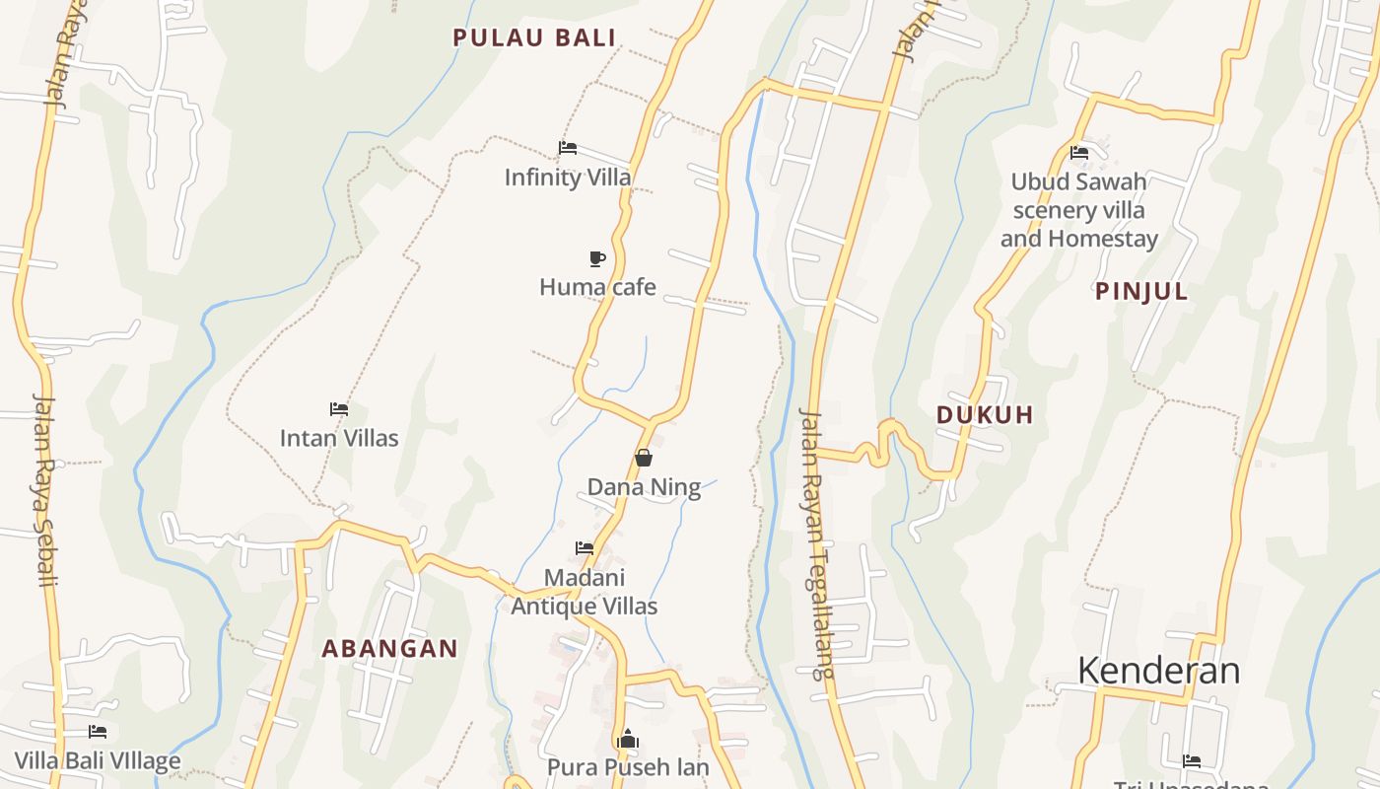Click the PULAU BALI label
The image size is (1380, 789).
[534, 38]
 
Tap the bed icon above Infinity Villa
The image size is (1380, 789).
[568, 148]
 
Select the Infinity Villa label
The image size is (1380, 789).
[568, 178]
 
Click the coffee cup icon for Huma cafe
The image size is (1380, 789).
[597, 258]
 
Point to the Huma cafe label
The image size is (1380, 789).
[597, 287]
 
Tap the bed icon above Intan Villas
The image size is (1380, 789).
[339, 408]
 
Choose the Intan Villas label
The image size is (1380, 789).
[339, 438]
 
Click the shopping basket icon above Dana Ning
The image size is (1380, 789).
[644, 458]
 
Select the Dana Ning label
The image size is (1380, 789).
[644, 487]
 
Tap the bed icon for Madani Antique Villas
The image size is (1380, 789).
[585, 547]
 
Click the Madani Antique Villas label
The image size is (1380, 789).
[585, 592]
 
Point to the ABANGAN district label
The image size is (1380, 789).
[390, 649]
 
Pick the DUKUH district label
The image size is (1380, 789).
[985, 415]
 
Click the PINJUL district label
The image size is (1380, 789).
[1141, 292]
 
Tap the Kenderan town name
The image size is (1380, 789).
[1158, 671]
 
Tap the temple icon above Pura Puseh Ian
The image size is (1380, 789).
[628, 739]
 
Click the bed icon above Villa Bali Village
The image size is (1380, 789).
[98, 732]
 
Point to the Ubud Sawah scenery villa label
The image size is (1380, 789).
[1079, 210]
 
